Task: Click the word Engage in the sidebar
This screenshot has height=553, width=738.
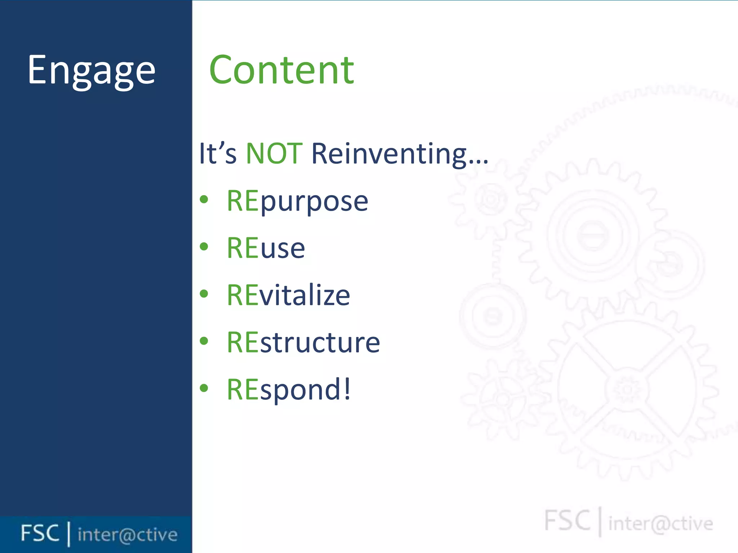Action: point(92,71)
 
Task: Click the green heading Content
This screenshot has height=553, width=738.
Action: point(281,71)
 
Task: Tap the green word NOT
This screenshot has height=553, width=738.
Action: point(274,154)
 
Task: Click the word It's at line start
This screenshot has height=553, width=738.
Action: point(218,154)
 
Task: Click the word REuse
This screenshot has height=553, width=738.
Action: point(266,248)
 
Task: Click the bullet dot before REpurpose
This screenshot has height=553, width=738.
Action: point(204,199)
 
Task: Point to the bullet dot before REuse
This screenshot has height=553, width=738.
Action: point(204,247)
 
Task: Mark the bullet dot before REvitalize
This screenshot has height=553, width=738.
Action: point(204,294)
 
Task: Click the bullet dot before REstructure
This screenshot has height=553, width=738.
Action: point(204,341)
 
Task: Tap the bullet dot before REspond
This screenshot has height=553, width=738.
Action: point(204,388)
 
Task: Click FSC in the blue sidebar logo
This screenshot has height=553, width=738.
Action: point(40,533)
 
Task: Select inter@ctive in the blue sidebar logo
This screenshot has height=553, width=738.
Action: point(128,535)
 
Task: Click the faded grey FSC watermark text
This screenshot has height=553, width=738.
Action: point(567,521)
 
